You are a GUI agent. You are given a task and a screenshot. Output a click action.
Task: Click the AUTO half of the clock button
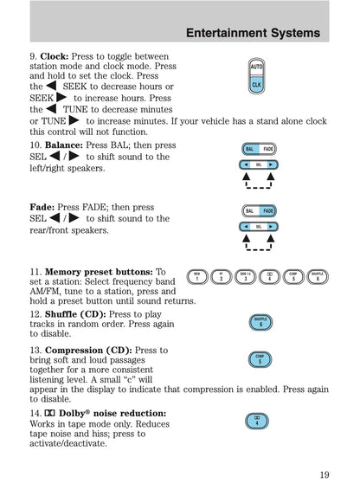256,67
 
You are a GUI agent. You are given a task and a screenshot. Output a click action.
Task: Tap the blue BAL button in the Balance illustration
249,149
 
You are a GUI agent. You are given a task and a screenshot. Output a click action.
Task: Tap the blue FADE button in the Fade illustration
268,211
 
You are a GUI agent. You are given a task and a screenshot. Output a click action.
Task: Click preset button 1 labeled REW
197,277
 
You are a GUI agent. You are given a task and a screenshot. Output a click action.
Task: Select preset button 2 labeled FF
222,277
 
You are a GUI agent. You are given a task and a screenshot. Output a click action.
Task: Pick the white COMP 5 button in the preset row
293,277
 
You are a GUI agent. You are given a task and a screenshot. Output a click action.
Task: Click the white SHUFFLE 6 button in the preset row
318,277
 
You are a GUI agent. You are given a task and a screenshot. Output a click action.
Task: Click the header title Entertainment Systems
253,34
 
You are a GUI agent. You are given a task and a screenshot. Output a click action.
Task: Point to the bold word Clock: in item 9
55,56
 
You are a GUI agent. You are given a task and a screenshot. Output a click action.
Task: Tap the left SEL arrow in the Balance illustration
247,164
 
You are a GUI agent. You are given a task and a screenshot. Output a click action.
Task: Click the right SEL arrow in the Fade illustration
270,226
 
